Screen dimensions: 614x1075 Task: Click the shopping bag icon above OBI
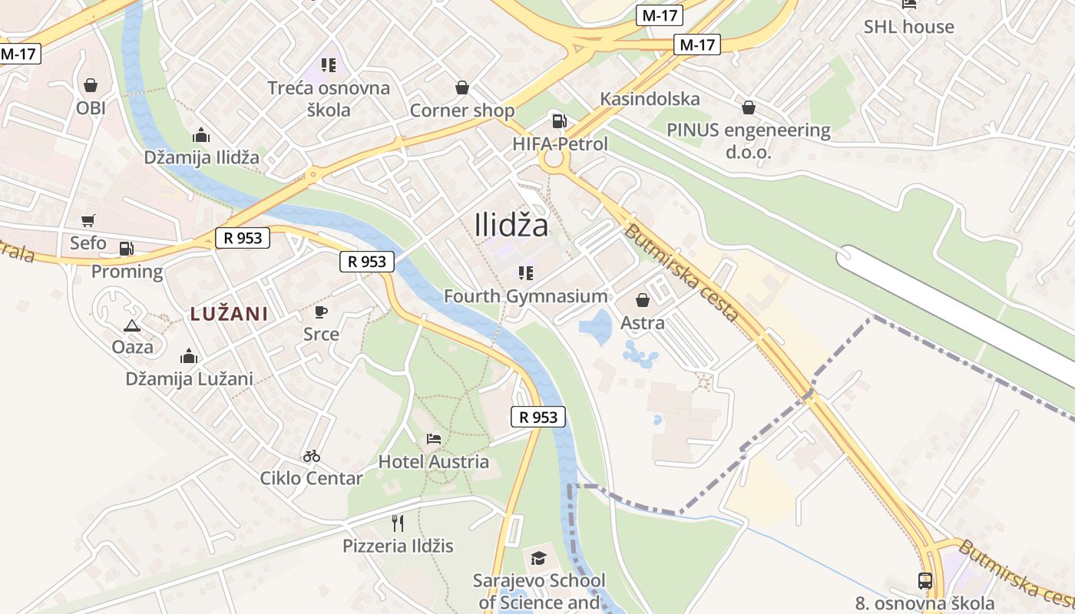pyautogui.click(x=91, y=84)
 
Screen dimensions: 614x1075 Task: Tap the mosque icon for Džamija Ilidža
pyautogui.click(x=201, y=136)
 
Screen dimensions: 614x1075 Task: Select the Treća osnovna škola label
pyautogui.click(x=329, y=98)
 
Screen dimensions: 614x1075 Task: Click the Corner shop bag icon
pyautogui.click(x=461, y=87)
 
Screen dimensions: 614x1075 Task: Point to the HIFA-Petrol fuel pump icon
pyautogui.click(x=560, y=120)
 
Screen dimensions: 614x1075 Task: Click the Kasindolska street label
pyautogui.click(x=650, y=99)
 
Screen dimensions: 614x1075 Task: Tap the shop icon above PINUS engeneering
pyautogui.click(x=748, y=107)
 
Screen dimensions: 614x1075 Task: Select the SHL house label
pyautogui.click(x=908, y=27)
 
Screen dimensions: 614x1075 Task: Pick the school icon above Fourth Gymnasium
pyautogui.click(x=525, y=273)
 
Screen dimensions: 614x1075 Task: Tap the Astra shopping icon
pyautogui.click(x=642, y=300)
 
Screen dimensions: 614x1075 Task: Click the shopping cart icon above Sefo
pyautogui.click(x=88, y=220)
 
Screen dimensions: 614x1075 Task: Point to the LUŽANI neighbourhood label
pyautogui.click(x=229, y=314)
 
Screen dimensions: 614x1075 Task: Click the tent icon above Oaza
pyautogui.click(x=132, y=325)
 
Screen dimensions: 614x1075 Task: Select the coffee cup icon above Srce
pyautogui.click(x=321, y=312)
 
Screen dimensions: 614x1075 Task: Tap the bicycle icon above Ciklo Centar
pyautogui.click(x=311, y=456)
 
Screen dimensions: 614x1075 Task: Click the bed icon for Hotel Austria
pyautogui.click(x=433, y=439)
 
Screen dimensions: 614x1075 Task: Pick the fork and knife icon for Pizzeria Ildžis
pyautogui.click(x=398, y=523)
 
